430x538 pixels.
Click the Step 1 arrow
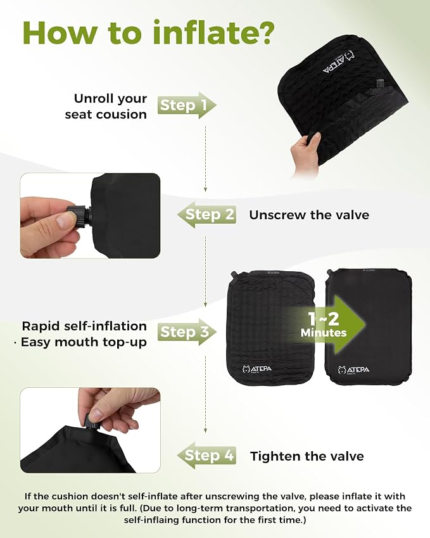(187, 105)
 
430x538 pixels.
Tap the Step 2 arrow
(207, 215)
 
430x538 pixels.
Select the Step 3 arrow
(187, 332)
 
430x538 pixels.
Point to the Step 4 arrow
(207, 456)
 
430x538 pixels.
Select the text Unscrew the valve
(309, 215)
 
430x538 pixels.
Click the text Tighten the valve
(307, 456)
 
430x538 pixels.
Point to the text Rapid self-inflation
(84, 326)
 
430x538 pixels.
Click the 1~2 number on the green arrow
(324, 319)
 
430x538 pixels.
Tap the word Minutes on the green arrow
(324, 333)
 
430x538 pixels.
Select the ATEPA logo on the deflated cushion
(257, 369)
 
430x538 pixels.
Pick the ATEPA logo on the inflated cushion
(353, 370)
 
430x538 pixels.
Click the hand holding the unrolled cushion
(305, 155)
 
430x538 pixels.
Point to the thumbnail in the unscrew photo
(65, 221)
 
